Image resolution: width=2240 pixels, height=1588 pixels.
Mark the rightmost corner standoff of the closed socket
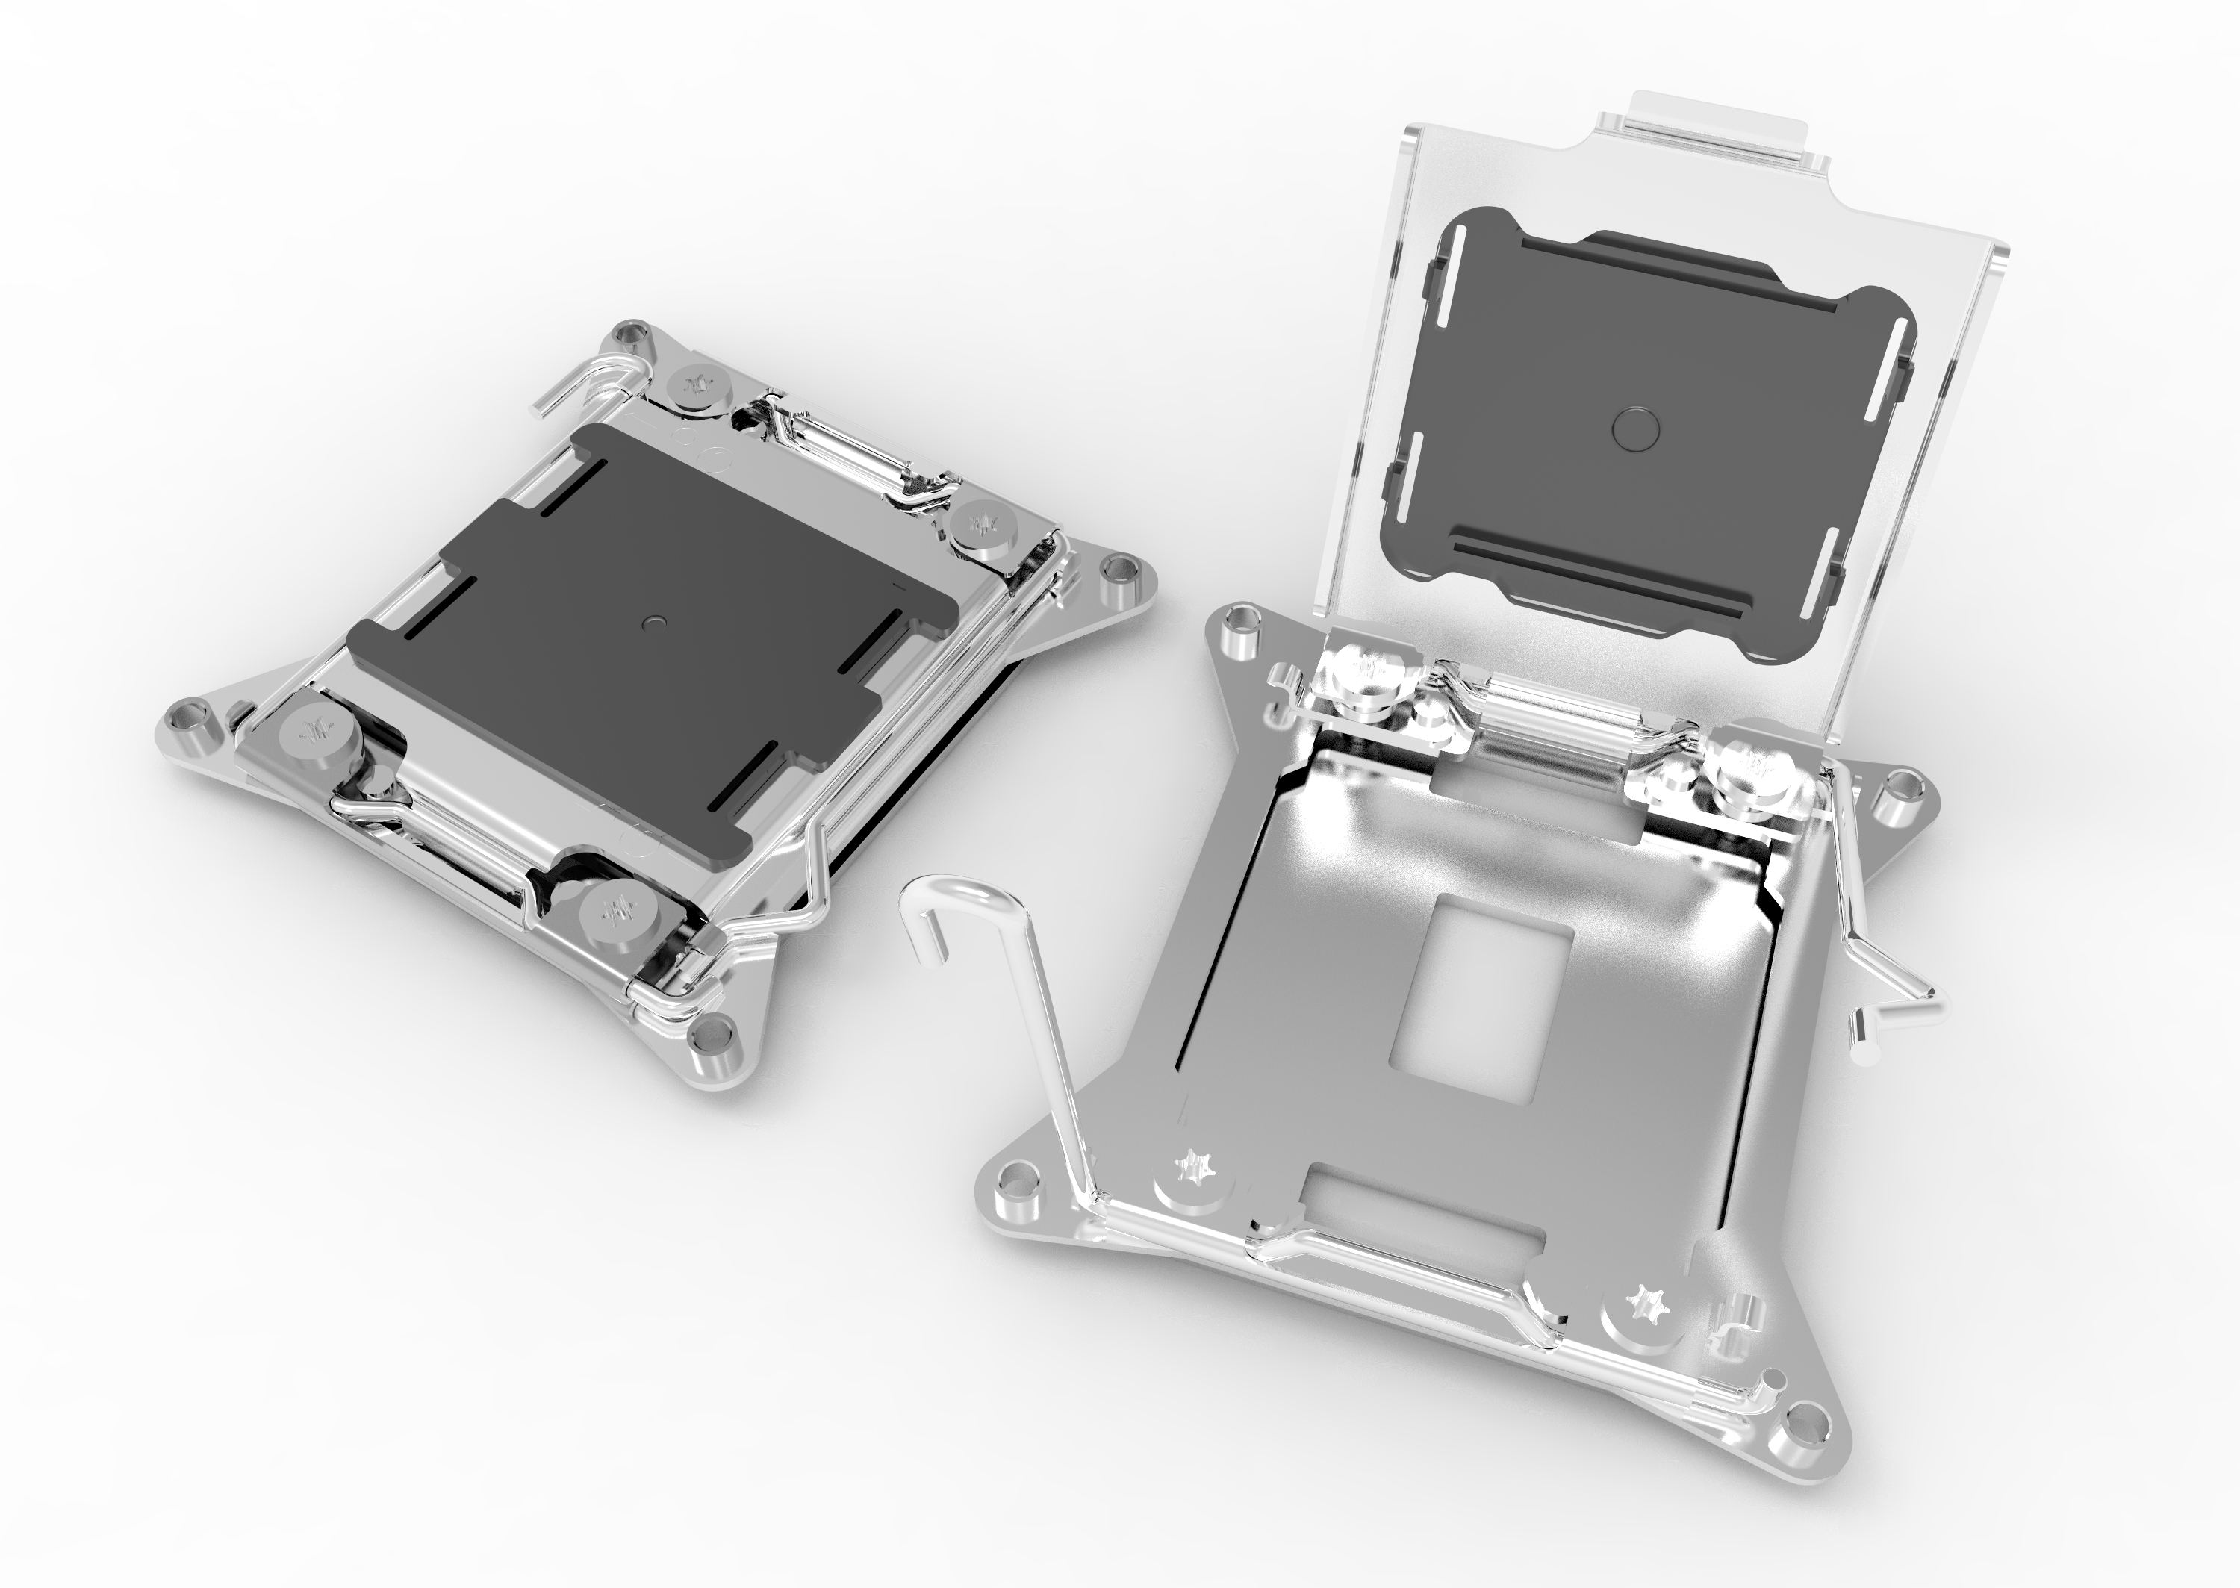(x=1116, y=576)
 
